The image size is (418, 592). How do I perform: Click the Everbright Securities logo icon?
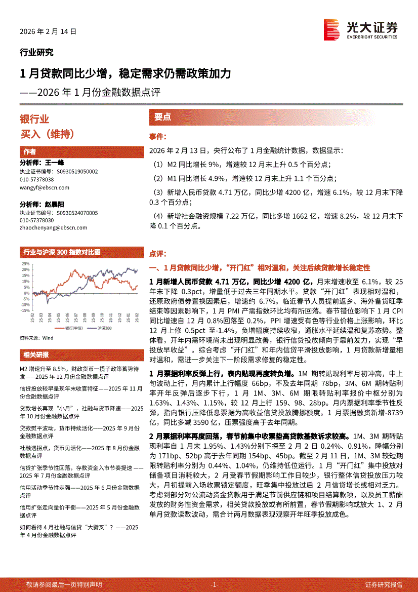(331, 29)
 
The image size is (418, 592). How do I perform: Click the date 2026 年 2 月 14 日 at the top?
(48, 31)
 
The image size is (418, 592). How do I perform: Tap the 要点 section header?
(162, 117)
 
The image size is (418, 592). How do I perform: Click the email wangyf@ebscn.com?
(45, 187)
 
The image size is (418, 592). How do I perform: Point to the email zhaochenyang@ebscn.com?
(54, 227)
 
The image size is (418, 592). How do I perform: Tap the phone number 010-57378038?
(36, 180)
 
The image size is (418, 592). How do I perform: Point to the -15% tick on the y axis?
(24, 310)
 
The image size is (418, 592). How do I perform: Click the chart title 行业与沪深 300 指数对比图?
(62, 252)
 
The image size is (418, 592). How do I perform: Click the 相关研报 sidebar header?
(36, 354)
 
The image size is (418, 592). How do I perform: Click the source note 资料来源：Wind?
(36, 337)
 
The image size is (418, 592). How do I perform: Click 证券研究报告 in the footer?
(384, 584)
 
